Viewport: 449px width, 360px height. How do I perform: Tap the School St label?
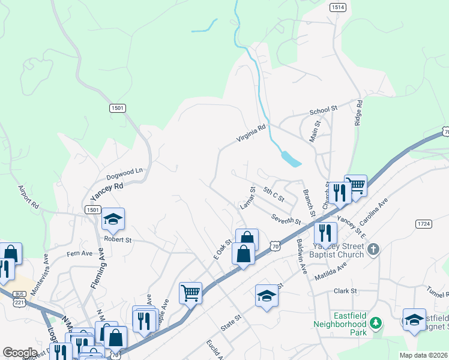(324, 112)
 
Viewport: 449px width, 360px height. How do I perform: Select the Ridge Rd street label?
(359, 112)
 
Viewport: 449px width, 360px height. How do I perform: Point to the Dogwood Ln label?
(125, 173)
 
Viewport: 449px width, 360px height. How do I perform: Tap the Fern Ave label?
(80, 254)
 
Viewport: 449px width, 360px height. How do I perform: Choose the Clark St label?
(345, 291)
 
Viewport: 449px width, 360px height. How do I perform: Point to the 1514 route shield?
(337, 7)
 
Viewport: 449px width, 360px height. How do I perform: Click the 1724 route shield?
(424, 224)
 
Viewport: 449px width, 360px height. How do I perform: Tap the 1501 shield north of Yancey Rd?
(118, 108)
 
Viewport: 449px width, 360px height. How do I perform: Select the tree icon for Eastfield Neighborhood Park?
(376, 324)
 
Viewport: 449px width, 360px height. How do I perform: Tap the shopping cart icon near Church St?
(355, 185)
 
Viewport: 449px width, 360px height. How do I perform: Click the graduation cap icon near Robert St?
(112, 220)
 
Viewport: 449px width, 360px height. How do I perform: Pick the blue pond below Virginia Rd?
(291, 159)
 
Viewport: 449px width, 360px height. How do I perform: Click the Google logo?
(20, 353)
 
